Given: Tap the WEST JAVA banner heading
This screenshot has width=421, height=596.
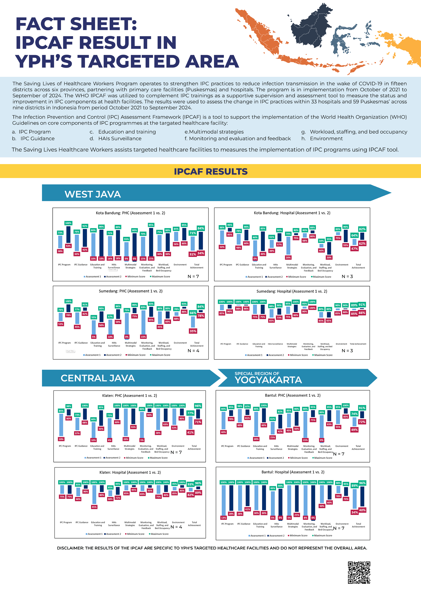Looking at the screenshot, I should click(x=93, y=194).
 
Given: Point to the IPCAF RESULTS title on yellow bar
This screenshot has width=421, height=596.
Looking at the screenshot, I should click(x=210, y=171).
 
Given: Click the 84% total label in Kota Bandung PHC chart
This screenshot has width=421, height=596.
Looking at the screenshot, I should click(x=201, y=228).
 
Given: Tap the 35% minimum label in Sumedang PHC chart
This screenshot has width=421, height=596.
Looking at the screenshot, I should click(x=193, y=331).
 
